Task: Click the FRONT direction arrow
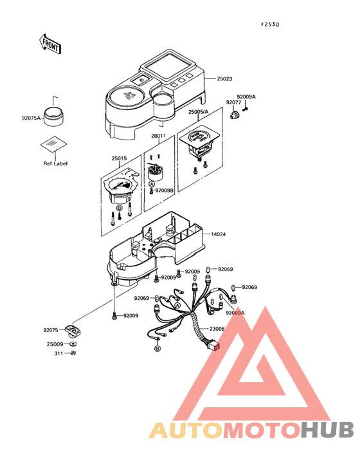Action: coord(50,44)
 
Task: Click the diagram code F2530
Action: coord(270,24)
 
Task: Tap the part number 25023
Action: coord(224,78)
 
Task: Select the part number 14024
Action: coord(219,234)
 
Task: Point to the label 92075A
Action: coord(31,118)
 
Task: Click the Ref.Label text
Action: coord(55,163)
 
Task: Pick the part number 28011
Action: coord(158,136)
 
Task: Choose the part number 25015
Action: coord(119,158)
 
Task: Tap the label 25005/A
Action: coord(198,112)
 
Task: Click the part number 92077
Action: coord(233,102)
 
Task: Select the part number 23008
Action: coord(217,329)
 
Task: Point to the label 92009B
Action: coord(165,190)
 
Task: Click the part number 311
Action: coord(59,353)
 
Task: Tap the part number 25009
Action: coord(55,344)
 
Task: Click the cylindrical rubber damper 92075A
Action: coord(54,116)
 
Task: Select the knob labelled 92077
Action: coord(235,115)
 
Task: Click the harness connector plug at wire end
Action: coord(214,346)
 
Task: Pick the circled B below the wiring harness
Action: coord(157,349)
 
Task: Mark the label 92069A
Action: coord(235,313)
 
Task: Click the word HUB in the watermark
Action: coord(328,430)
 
